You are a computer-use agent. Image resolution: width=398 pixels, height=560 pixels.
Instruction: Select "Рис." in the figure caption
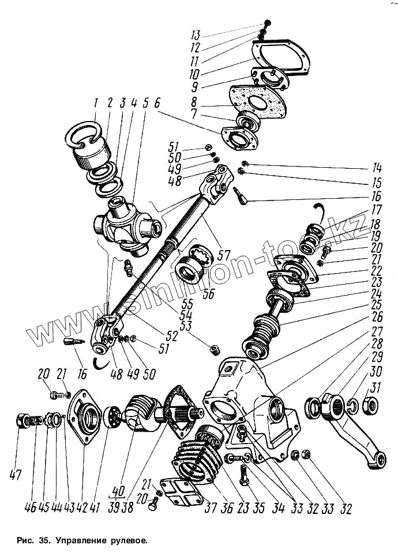tap(27, 542)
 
